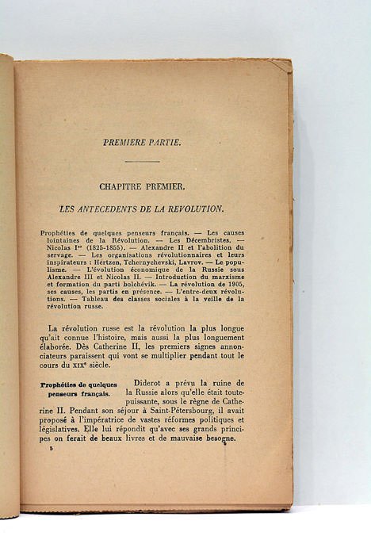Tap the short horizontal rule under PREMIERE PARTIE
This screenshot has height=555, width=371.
pos(143,162)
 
